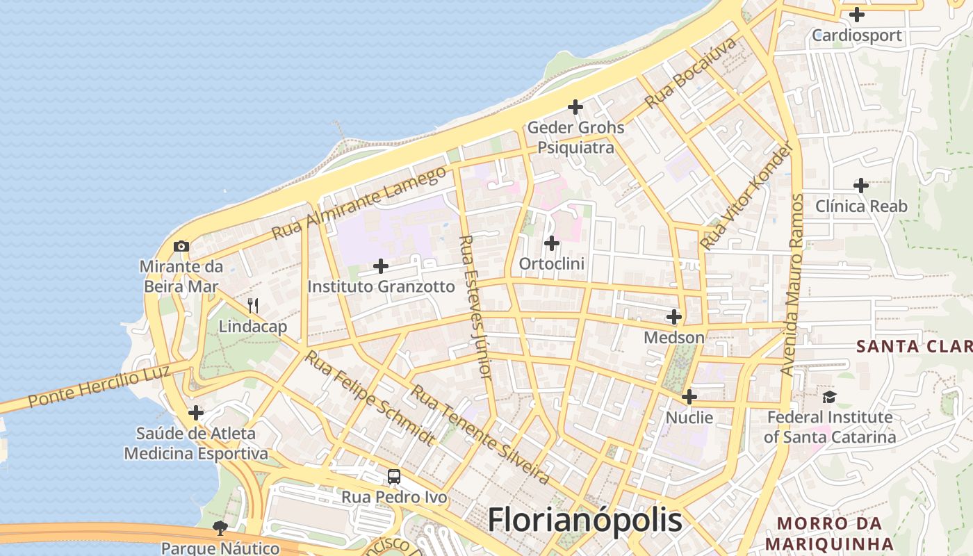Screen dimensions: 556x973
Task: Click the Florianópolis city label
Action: coord(584,520)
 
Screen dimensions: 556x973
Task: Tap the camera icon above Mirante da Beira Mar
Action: coord(181,246)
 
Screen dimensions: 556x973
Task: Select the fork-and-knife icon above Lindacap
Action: coord(253,305)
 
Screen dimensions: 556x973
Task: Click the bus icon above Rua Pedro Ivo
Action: coord(394,477)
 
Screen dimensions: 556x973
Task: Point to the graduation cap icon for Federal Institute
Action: coord(829,397)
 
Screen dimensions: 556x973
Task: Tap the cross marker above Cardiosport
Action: coord(857,14)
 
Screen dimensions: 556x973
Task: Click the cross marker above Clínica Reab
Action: coord(861,186)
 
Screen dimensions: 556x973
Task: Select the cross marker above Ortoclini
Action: coord(552,243)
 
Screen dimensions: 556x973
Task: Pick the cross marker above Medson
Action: coord(674,317)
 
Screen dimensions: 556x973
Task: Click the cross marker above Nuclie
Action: coord(689,397)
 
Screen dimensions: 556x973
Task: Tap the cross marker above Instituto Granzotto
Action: coord(381,265)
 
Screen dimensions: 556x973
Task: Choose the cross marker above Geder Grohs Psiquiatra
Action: coord(575,107)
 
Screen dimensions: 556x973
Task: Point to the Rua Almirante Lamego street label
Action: coord(359,202)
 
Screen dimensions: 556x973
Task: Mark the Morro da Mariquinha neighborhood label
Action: coord(829,533)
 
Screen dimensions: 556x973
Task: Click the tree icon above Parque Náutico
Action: coord(220,528)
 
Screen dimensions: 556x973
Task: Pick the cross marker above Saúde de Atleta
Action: coord(196,413)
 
